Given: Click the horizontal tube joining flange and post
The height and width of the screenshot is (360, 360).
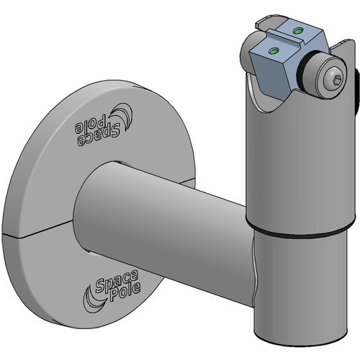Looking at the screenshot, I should pyautogui.click(x=166, y=216).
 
